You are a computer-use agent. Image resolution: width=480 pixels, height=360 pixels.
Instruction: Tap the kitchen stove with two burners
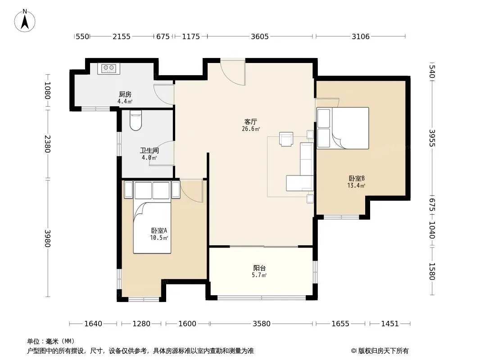109,68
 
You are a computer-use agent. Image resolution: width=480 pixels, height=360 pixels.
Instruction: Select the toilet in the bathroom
136,120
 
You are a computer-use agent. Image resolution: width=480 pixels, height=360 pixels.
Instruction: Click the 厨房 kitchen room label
125,94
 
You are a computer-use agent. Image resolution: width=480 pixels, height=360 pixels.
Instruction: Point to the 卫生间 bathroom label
149,150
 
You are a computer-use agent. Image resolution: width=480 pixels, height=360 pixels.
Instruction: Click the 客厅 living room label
251,122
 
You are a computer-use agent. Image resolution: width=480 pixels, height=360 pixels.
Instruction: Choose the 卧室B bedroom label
357,178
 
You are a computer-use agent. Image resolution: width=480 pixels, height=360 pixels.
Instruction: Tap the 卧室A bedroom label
159,230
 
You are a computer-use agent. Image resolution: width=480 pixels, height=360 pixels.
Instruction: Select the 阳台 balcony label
259,268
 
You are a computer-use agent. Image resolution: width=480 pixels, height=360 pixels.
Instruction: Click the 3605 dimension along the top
260,37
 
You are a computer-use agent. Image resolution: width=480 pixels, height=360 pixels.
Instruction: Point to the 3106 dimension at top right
361,37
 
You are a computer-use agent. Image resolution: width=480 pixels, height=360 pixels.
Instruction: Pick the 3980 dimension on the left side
47,238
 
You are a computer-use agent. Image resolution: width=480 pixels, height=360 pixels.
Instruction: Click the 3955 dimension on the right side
432,138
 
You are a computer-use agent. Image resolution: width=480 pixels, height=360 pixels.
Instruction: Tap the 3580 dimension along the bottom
262,324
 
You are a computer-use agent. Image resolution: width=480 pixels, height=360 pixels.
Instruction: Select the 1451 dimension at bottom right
389,324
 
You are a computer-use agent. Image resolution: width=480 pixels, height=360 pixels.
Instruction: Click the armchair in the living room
286,139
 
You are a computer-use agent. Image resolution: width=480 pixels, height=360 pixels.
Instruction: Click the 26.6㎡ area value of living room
251,129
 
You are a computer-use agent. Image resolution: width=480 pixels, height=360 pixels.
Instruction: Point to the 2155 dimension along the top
122,37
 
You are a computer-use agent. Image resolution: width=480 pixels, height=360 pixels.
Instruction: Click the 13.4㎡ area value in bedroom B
356,185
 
